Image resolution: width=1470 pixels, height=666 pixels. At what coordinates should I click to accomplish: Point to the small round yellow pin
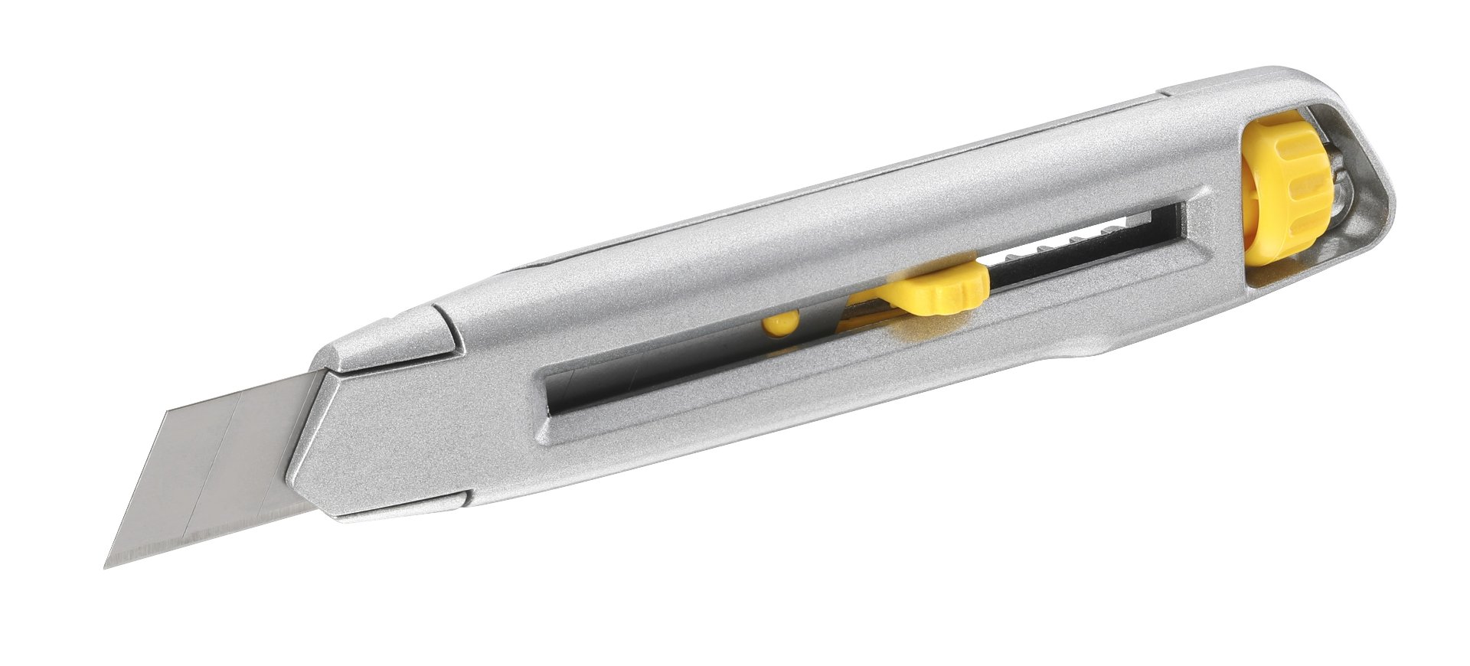780,325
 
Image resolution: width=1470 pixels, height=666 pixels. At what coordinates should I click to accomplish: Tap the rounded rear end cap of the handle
1370,176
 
